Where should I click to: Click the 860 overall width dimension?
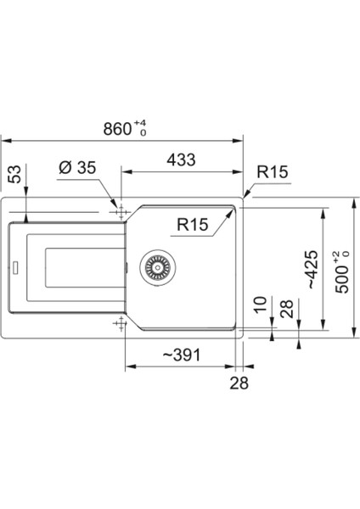117,129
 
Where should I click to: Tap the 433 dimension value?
182,159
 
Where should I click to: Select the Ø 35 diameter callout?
78,167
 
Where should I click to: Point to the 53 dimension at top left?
15,174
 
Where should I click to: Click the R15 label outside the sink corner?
273,171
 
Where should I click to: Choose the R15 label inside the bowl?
193,224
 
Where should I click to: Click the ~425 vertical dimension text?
312,270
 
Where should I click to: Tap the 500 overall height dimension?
342,279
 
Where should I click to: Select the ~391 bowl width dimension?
182,355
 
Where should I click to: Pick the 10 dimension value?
261,305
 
